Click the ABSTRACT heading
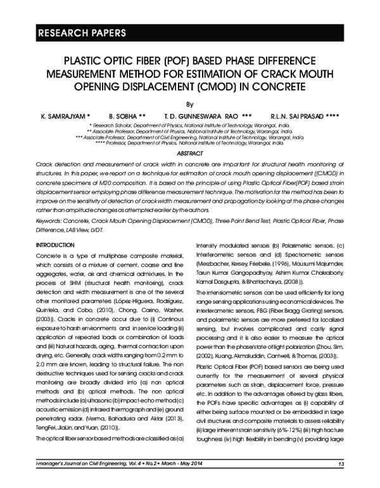189,154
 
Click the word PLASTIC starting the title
80,63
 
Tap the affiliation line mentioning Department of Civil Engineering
189,137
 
